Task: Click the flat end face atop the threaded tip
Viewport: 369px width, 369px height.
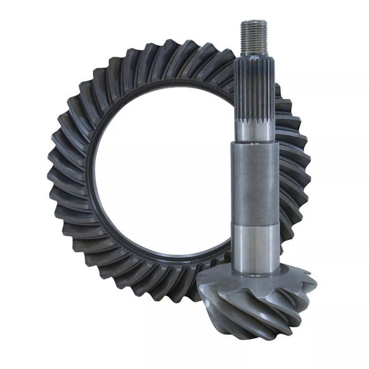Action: click(251, 22)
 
